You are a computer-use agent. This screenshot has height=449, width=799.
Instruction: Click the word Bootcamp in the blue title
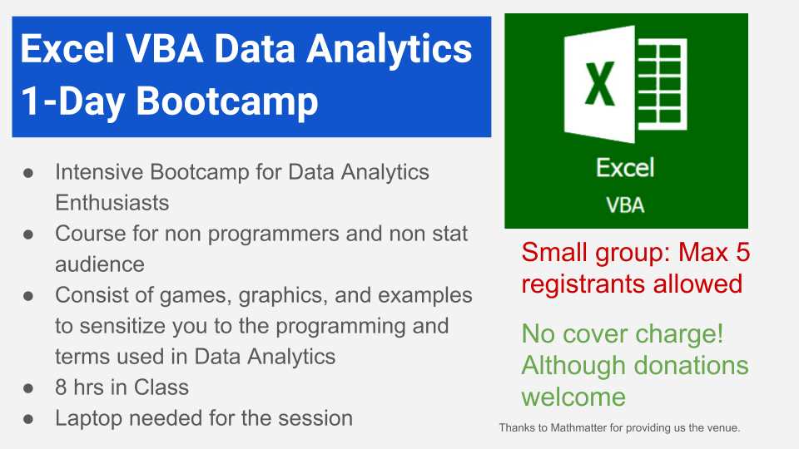click(x=226, y=101)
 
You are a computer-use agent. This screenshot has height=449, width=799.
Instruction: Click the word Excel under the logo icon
click(x=625, y=169)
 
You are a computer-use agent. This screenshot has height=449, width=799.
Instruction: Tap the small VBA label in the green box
click(x=625, y=204)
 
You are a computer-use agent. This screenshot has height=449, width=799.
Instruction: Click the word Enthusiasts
click(x=112, y=202)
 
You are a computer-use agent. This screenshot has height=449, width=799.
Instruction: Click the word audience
click(x=100, y=264)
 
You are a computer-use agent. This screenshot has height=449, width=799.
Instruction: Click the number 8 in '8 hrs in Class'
click(x=61, y=387)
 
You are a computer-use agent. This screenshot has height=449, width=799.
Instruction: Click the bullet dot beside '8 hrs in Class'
click(x=27, y=388)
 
